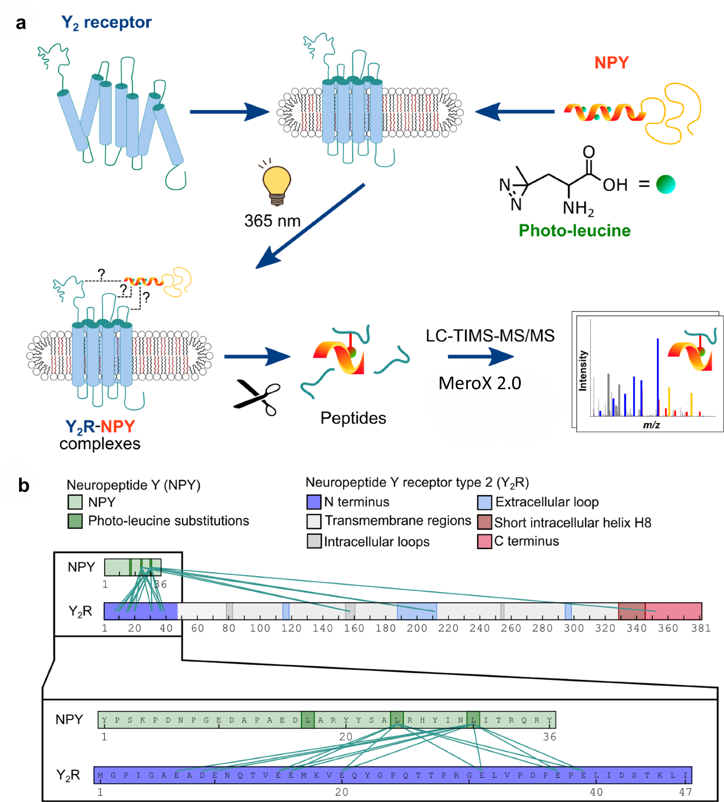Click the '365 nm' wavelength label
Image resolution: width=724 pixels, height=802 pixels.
click(x=272, y=221)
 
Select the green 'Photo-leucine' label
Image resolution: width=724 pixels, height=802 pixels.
click(x=574, y=231)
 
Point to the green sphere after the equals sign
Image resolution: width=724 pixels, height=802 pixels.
click(x=665, y=185)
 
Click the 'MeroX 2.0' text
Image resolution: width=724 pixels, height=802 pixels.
click(x=480, y=383)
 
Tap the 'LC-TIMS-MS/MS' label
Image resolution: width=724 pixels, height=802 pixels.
click(x=490, y=336)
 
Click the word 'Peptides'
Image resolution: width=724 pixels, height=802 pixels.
click(x=353, y=418)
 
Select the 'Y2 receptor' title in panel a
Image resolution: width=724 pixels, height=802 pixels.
click(x=106, y=23)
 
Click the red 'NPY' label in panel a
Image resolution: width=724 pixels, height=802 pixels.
click(x=611, y=63)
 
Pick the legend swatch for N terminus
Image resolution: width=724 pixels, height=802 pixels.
click(x=314, y=502)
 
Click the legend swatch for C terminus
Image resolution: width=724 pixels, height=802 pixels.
click(x=484, y=541)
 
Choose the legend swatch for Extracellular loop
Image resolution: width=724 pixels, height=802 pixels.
click(x=484, y=502)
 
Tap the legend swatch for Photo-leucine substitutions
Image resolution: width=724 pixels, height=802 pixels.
click(x=75, y=521)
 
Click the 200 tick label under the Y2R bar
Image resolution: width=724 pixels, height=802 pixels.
click(x=417, y=628)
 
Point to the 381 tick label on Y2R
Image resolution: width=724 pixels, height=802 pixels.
click(x=701, y=628)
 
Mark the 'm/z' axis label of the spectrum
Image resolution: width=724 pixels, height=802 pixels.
click(x=651, y=425)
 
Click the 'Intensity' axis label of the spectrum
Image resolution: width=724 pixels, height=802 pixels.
click(x=583, y=370)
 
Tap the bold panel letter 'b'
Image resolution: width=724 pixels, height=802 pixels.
click(x=24, y=486)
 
